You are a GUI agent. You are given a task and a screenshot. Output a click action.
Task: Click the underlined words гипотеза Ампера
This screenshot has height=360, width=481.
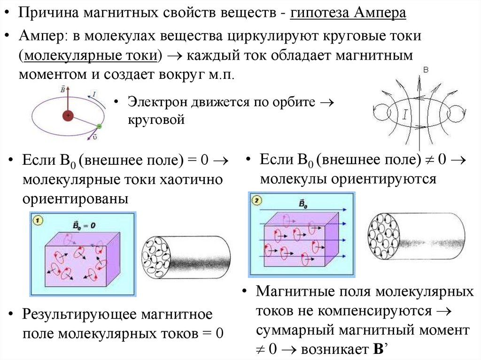pos(348,13)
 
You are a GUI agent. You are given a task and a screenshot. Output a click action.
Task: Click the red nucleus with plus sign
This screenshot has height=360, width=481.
pos(68,115)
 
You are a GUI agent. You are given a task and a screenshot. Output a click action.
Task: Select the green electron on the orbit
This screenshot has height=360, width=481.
pos(99,126)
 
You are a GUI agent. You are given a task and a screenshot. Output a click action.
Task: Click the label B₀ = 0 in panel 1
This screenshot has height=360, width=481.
pos(84,225)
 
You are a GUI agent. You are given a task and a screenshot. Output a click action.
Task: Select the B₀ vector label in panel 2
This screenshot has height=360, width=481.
pos(303,203)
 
